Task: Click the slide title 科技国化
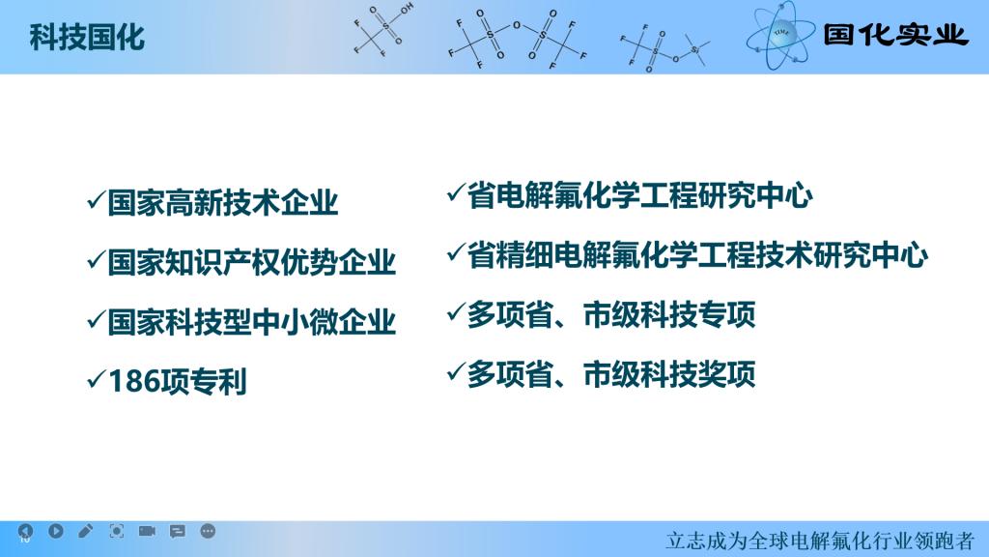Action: coord(87,38)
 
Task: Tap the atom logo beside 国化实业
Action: coord(780,36)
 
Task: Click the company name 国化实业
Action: coord(895,34)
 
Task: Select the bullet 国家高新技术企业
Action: coord(223,203)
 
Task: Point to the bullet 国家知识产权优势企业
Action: coord(252,262)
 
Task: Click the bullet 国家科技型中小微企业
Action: coord(252,322)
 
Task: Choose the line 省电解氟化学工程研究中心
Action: coord(639,195)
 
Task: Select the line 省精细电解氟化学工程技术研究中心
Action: coord(697,255)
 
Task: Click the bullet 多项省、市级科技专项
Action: coord(610,314)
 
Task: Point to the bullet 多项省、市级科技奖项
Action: coord(610,374)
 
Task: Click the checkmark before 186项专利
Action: coord(96,379)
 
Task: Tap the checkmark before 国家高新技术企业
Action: coord(96,200)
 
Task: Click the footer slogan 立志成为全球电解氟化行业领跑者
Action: coord(820,541)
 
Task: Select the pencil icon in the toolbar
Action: coord(86,531)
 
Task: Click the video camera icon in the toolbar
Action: coord(147,531)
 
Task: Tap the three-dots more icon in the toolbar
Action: coord(208,531)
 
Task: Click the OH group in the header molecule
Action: coord(407,8)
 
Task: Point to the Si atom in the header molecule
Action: coord(694,49)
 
